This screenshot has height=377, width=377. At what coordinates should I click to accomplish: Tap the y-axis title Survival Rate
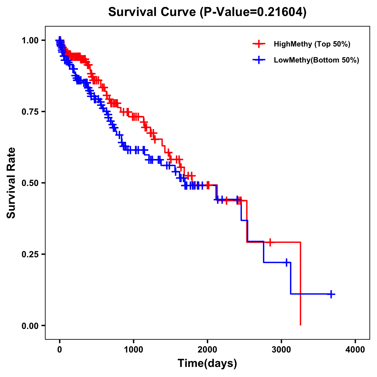(11, 183)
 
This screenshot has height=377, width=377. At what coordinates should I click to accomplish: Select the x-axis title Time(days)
(207, 363)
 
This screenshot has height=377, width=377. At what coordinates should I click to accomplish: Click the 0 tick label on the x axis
(60, 350)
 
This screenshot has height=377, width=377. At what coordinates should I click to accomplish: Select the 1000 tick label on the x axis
(134, 350)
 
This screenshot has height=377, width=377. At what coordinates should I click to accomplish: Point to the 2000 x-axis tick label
(207, 350)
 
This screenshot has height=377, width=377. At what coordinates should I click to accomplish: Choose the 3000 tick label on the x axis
(281, 350)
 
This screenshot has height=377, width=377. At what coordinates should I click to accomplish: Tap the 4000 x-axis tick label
(355, 350)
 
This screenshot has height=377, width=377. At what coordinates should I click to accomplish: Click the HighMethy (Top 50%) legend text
(312, 44)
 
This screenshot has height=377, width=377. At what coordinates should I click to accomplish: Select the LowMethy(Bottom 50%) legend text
(316, 60)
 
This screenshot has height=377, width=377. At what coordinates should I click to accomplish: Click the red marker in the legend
(259, 44)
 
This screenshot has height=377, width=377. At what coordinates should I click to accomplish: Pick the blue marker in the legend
(259, 60)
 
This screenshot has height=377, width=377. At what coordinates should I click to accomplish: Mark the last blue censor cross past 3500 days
(331, 294)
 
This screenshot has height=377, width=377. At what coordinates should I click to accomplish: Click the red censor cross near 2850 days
(270, 242)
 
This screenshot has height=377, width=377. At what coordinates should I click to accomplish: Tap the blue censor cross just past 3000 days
(287, 262)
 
